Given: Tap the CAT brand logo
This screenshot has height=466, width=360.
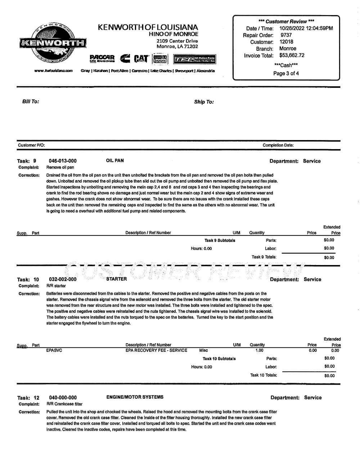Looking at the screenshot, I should (x=141, y=58).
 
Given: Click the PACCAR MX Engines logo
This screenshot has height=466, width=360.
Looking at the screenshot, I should (x=102, y=58).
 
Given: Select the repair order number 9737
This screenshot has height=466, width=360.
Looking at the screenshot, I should (x=286, y=35).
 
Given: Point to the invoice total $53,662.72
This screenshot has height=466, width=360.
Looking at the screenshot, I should (x=292, y=55).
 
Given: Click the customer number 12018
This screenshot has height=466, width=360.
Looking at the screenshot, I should (x=287, y=42).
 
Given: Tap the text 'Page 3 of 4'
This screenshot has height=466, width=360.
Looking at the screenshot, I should (x=286, y=73).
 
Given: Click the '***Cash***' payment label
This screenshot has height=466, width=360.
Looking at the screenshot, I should (x=286, y=65).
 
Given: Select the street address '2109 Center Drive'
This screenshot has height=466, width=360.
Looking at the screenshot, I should (x=177, y=41).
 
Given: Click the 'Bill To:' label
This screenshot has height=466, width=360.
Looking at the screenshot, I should (x=31, y=102).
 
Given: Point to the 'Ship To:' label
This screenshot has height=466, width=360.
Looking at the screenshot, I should (x=204, y=102).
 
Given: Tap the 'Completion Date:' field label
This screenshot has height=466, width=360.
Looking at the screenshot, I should (x=278, y=145).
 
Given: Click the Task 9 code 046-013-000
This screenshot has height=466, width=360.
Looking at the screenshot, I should (x=63, y=161).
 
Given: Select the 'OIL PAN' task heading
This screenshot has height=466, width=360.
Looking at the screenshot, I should (x=115, y=161).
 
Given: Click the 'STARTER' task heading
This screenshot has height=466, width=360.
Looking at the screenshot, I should (x=117, y=279).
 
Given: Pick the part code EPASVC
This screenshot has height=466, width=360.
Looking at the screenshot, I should (x=54, y=350).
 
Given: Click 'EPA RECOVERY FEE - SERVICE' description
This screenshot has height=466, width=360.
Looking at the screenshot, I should (x=156, y=350).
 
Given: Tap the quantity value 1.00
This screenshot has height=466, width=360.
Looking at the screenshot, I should (x=259, y=350).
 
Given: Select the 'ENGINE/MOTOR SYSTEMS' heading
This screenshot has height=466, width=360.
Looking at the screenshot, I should (x=135, y=397).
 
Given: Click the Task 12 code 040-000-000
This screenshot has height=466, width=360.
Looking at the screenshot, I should (x=63, y=398).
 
